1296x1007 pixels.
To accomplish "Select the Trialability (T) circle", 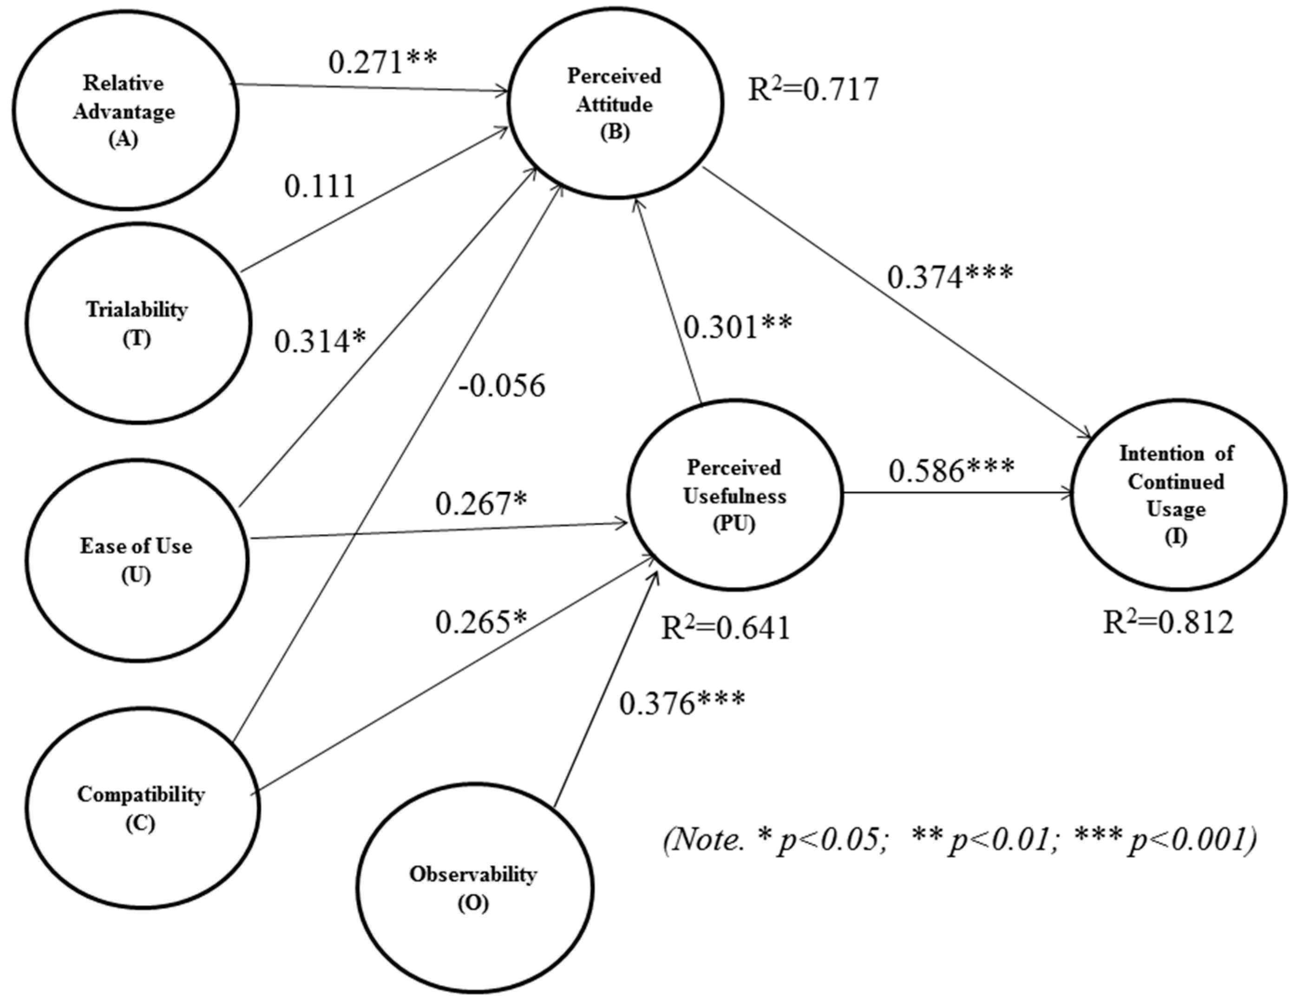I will pyautogui.click(x=137, y=323).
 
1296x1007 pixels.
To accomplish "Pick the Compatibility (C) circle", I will pyautogui.click(x=141, y=808).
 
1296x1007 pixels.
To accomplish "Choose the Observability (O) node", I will pyautogui.click(x=473, y=888).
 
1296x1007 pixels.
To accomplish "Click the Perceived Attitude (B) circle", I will pyautogui.click(x=614, y=104).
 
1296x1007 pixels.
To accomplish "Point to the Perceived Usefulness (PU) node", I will pyautogui.click(x=735, y=496).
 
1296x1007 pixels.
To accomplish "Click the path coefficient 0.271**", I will pyautogui.click(x=383, y=61).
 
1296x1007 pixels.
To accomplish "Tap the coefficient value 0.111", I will pyautogui.click(x=319, y=186).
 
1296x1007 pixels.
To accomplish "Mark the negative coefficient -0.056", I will pyautogui.click(x=501, y=386).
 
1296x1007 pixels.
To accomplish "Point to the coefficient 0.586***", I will pyautogui.click(x=951, y=470).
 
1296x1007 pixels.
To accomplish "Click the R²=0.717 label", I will pyautogui.click(x=813, y=90).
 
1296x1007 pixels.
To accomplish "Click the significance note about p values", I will pyautogui.click(x=960, y=840).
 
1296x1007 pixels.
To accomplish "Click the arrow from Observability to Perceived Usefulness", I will pyautogui.click(x=605, y=688).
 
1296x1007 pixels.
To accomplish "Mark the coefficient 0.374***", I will pyautogui.click(x=950, y=275).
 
